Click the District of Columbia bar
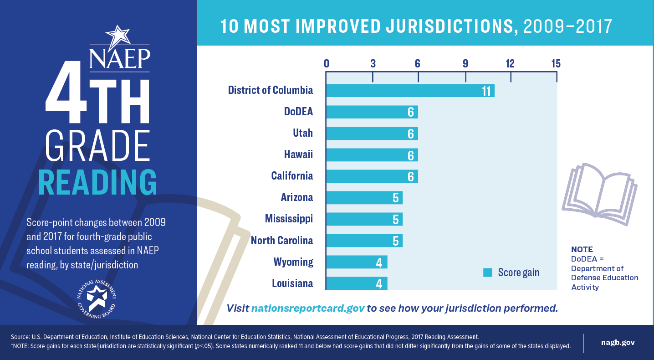410,90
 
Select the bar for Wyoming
357,262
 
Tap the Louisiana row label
292,283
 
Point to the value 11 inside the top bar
486,91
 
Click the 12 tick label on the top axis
510,63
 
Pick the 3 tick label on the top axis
373,63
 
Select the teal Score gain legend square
488,273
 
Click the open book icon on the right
599,194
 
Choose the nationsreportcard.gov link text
308,308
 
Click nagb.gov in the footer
618,342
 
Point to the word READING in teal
97,182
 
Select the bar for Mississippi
364,219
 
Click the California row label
292,176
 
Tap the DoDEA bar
372,112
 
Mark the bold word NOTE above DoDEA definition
582,249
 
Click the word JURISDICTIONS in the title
433,26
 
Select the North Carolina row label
282,241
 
